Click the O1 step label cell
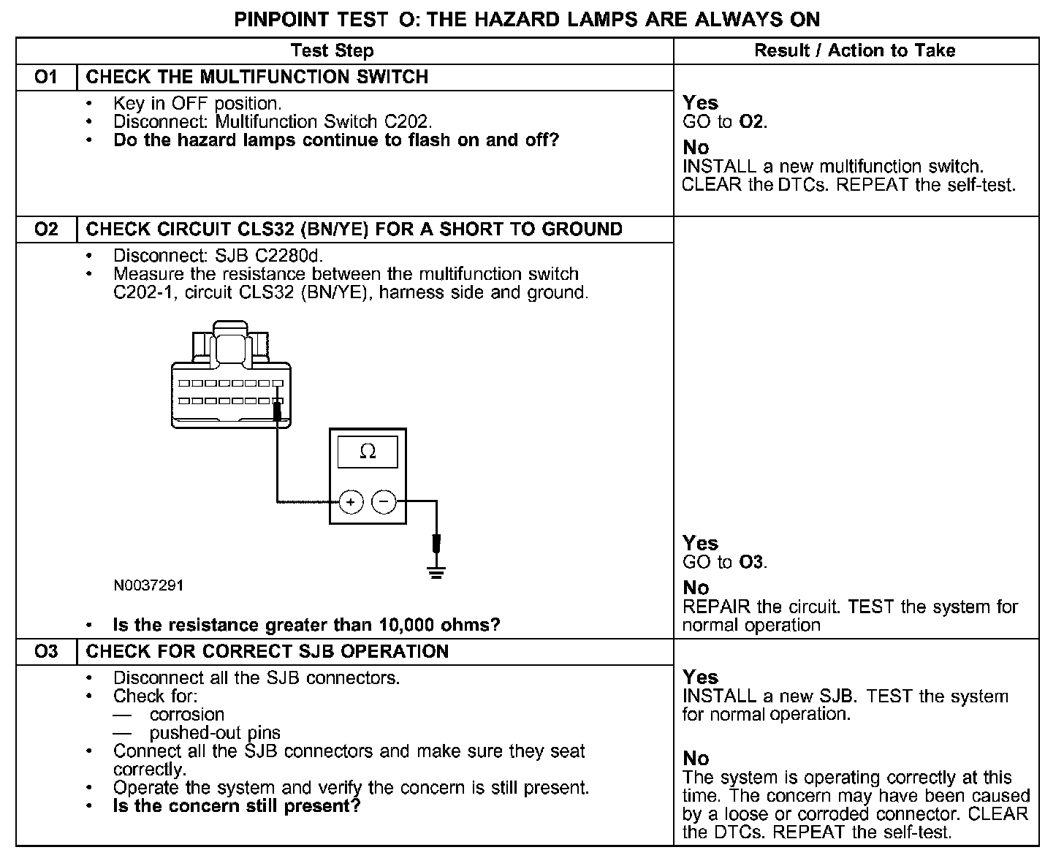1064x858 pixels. [46, 77]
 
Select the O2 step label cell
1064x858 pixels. [46, 229]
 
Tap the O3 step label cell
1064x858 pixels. [46, 652]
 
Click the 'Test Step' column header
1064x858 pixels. [332, 50]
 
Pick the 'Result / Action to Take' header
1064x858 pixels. [854, 50]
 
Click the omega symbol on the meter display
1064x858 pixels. [368, 452]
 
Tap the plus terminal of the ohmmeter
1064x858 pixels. [351, 502]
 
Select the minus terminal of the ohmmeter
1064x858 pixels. [384, 502]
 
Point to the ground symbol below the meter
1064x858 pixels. [436, 570]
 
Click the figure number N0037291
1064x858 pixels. [148, 585]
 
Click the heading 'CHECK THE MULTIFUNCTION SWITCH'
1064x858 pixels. [257, 77]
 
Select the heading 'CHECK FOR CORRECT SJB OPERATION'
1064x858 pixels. [267, 652]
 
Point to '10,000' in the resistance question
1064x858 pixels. [406, 626]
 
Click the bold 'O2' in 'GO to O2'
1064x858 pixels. [752, 122]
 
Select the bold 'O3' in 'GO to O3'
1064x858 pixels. [752, 563]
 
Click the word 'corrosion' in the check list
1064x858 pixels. [187, 715]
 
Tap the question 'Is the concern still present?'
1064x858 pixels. [237, 807]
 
